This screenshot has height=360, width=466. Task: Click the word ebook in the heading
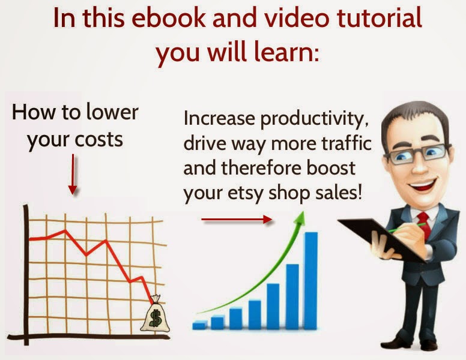168,17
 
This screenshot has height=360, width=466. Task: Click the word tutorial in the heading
380,17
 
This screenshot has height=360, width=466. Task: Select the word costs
99,139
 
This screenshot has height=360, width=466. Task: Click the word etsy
246,193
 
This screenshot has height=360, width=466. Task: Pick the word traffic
347,143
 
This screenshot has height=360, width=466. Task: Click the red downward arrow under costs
73,175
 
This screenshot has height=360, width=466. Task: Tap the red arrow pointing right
237,220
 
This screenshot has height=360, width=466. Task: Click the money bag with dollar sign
155,314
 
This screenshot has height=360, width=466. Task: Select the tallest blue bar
311,281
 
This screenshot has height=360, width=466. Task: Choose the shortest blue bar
200,325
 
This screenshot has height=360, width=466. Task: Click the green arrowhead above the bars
300,218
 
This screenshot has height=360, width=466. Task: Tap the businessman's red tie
424,224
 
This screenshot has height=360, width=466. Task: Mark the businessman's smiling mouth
422,185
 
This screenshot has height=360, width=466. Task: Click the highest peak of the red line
65,230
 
